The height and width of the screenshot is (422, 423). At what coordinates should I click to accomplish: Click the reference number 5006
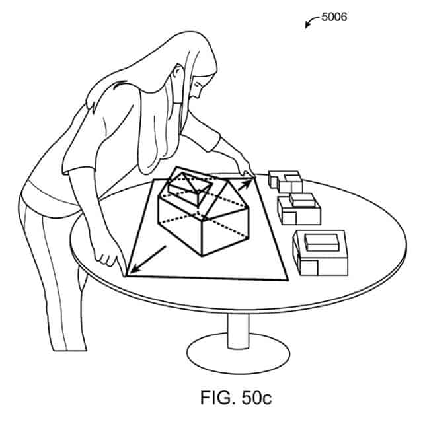tap(334, 17)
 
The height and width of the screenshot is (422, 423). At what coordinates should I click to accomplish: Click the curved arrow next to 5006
tap(311, 21)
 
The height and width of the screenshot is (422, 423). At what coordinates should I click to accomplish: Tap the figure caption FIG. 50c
tap(236, 397)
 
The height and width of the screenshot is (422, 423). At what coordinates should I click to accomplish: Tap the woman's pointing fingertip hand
tap(245, 169)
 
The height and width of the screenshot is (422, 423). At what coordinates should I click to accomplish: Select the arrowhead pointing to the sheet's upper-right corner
tap(247, 182)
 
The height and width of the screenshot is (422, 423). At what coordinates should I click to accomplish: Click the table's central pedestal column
tap(238, 331)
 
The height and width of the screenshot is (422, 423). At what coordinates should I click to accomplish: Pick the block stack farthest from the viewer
tap(285, 182)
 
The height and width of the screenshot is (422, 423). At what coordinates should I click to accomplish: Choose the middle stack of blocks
tap(299, 209)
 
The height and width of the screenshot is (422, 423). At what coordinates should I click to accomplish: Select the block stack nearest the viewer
tap(321, 253)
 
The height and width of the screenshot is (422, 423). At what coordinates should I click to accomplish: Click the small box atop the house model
tap(190, 188)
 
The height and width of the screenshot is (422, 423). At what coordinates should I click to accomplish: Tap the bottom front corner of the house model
tap(202, 256)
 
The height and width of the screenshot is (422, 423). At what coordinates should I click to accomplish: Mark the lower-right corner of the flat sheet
tap(288, 280)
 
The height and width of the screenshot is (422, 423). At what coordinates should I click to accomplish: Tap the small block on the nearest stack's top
tap(322, 242)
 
